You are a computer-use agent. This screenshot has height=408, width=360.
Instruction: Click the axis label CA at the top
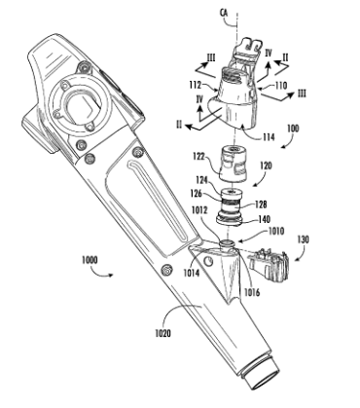tap(225, 13)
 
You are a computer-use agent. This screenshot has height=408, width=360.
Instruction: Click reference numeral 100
tap(293, 129)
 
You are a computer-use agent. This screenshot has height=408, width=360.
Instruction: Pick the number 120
tap(266, 167)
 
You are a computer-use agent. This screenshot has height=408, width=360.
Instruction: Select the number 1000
tap(92, 260)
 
